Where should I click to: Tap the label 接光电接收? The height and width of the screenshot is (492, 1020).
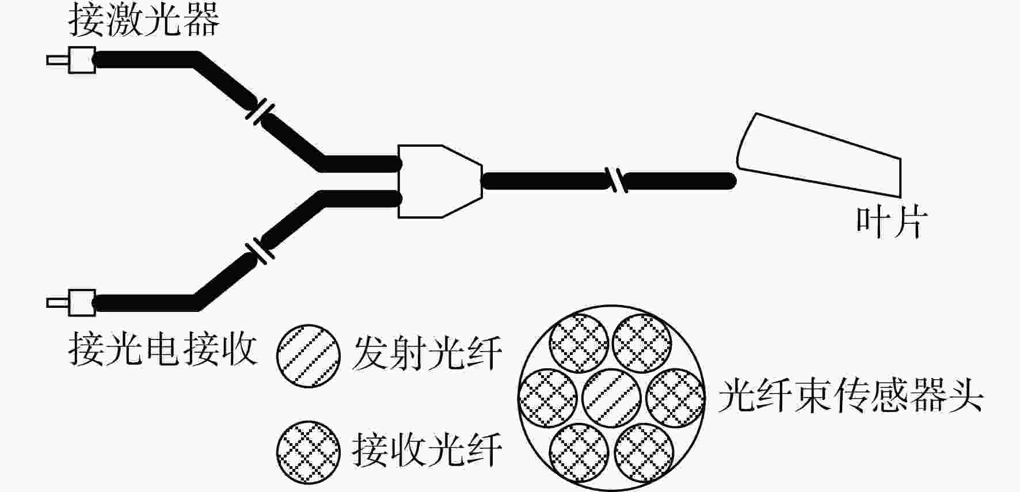click(x=162, y=349)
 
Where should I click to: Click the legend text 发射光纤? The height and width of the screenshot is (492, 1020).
click(x=427, y=353)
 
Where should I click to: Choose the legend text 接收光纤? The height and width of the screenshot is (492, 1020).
click(x=427, y=450)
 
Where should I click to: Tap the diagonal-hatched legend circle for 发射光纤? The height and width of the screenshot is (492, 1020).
click(x=308, y=356)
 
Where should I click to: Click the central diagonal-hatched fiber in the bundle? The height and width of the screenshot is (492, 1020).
click(x=611, y=398)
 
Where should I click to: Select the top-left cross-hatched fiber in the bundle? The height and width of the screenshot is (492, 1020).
click(x=579, y=344)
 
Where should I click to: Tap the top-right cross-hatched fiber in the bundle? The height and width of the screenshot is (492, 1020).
click(x=642, y=344)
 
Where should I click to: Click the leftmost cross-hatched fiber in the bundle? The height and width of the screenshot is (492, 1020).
click(x=548, y=398)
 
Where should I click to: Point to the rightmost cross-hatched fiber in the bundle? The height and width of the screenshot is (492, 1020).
click(x=675, y=398)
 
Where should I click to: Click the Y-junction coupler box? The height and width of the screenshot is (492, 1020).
click(x=439, y=181)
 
